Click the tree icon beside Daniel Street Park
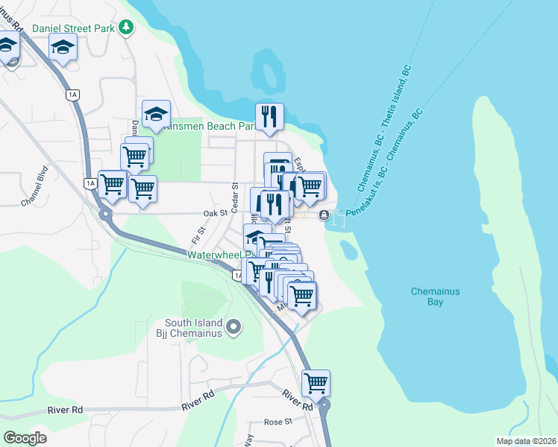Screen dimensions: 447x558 (127, 28)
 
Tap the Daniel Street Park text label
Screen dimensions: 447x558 (74, 28)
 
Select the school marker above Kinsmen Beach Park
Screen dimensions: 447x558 (156, 114)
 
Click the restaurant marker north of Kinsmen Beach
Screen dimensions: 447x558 (269, 116)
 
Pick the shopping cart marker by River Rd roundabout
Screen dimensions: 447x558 (316, 383)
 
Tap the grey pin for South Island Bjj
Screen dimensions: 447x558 (234, 326)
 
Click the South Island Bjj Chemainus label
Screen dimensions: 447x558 (193, 327)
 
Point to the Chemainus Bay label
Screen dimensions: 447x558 (437, 297)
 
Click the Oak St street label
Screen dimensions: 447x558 (215, 213)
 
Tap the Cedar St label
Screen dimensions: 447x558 (234, 195)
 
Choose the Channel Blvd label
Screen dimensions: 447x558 (34, 191)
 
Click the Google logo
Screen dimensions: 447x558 (25, 438)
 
